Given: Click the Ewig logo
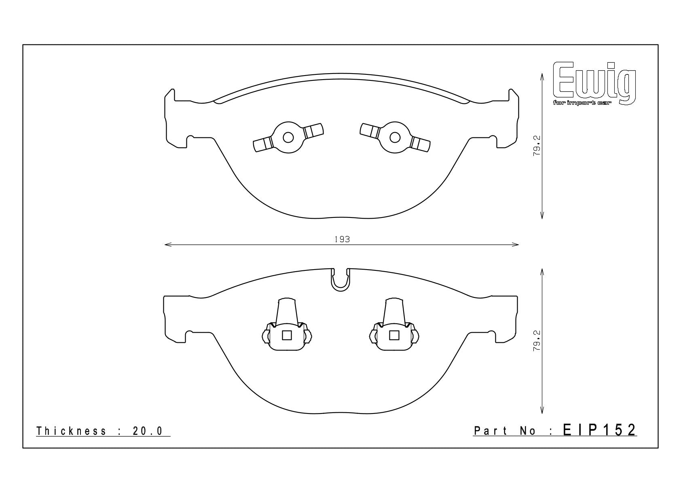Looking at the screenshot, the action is point(594,84).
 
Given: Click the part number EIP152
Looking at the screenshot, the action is point(600,430).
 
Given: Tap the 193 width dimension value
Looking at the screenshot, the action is point(343,239).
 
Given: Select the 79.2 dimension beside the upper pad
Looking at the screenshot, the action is point(537,146).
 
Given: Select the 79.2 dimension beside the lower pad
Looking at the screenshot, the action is point(537,341).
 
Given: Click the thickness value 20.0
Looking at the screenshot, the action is point(148,431).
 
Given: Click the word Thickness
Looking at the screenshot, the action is point(71,431).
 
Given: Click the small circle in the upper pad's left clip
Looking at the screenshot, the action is point(288,137).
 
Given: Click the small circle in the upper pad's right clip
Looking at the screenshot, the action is point(395,137).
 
